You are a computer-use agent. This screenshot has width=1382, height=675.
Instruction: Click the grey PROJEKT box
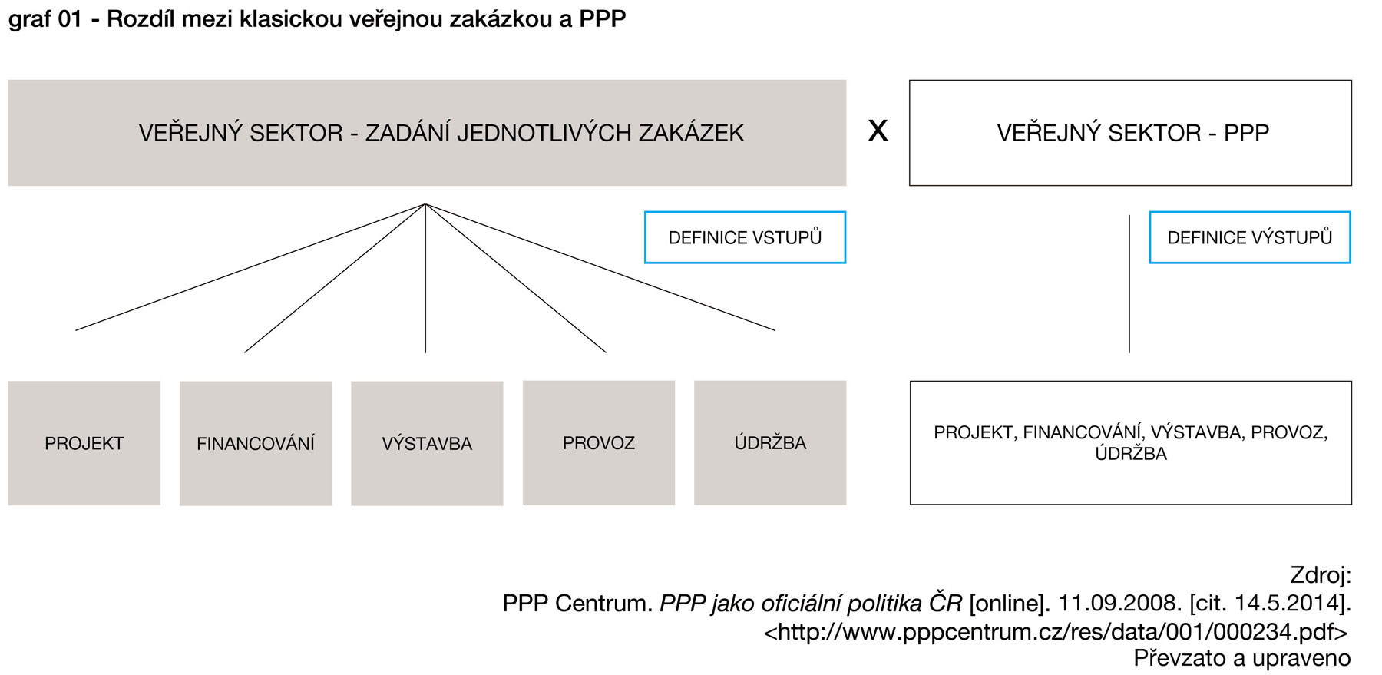pyautogui.click(x=84, y=442)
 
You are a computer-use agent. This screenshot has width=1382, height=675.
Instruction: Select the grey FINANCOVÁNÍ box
pyautogui.click(x=256, y=443)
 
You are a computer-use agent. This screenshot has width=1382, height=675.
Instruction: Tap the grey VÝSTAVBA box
pyautogui.click(x=427, y=443)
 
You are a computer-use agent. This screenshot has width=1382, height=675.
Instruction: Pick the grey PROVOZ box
pyautogui.click(x=599, y=442)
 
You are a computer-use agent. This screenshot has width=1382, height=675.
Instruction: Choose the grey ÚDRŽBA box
pyautogui.click(x=770, y=442)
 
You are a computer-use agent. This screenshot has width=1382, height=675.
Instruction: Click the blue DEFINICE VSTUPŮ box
pyautogui.click(x=745, y=237)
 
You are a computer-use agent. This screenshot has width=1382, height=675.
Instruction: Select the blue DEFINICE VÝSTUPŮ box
pyautogui.click(x=1249, y=237)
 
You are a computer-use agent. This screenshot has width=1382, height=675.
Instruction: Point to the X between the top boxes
pyautogui.click(x=878, y=131)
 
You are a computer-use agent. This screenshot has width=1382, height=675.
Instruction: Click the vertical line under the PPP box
pyautogui.click(x=1129, y=284)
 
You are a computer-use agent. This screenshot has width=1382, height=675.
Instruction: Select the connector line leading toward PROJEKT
pyautogui.click(x=250, y=267)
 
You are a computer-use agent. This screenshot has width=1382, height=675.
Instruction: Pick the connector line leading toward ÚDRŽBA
pyautogui.click(x=600, y=267)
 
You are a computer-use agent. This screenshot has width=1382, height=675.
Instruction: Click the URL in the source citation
pyautogui.click(x=1056, y=631)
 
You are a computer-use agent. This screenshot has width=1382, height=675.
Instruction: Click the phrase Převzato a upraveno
pyautogui.click(x=1241, y=658)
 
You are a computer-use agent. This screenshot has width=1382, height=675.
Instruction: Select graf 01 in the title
pyautogui.click(x=45, y=18)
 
